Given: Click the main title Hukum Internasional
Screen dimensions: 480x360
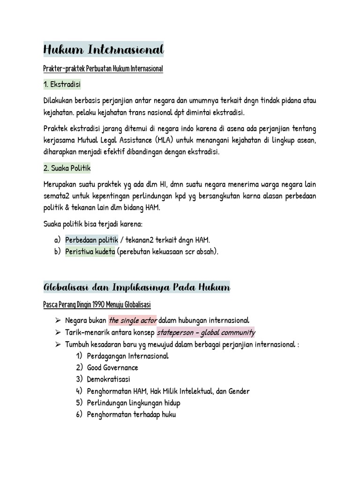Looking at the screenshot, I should pos(103,49).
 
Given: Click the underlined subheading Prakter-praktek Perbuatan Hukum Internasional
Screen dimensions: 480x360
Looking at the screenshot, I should pos(103,69).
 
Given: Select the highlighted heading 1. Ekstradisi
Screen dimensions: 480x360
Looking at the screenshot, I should pos(62,84).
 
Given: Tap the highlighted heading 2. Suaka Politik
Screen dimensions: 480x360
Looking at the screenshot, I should pos(67,168).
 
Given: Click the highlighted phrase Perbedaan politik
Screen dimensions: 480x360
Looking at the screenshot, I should pos(91,240).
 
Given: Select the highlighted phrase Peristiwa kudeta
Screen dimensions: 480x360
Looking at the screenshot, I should pos(90,251).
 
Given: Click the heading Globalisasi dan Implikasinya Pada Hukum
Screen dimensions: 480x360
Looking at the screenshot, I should pos(136,287).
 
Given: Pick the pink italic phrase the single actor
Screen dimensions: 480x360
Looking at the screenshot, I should pos(133,321).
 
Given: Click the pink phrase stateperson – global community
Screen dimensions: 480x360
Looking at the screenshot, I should pos(206,332).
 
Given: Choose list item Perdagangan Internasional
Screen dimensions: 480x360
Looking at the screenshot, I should pos(127,356).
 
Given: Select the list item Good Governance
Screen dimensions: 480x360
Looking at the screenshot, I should pos(112,367).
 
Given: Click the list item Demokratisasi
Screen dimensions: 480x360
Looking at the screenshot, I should pos(109,379).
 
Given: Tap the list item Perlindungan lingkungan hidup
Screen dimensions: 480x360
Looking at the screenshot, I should pos(134,403).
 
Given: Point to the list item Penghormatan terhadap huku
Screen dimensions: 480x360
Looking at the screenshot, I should pos(131,414).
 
